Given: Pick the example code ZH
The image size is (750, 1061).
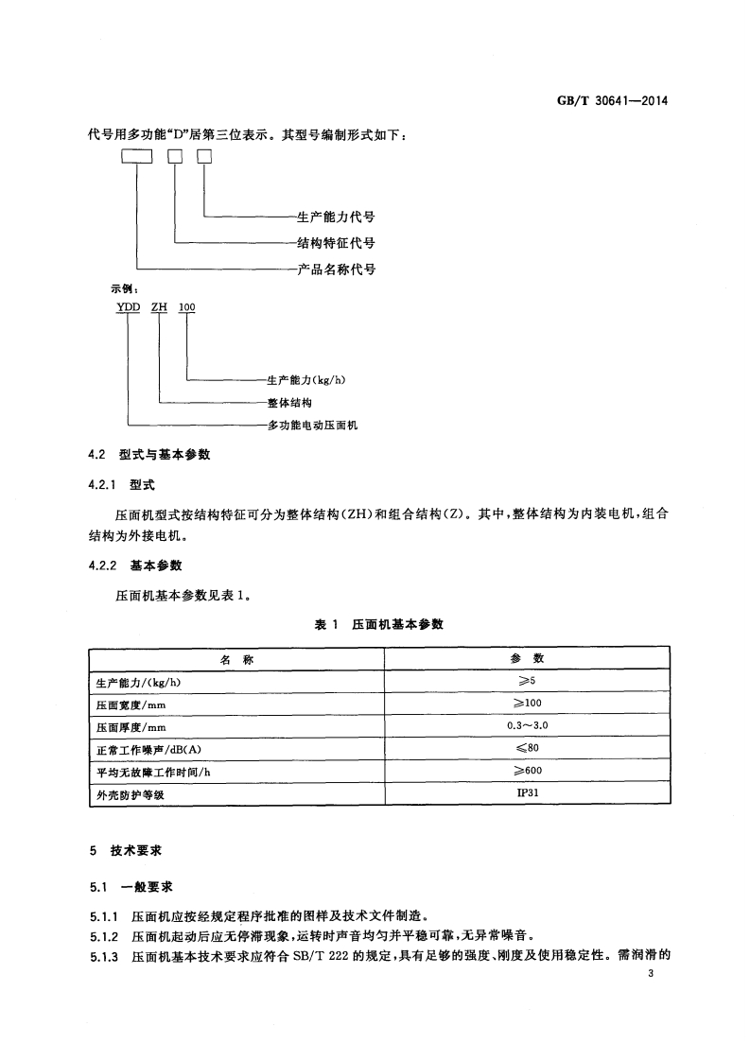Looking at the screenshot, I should coord(159,308).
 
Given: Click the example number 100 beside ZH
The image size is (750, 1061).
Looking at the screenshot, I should coord(187,308).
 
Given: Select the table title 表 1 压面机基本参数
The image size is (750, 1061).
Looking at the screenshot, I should coord(378,625).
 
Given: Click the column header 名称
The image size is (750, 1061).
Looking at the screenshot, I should coord(236,659).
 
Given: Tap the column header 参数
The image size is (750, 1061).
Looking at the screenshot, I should coord(527,659).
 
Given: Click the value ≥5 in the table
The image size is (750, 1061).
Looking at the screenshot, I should coord(527,681).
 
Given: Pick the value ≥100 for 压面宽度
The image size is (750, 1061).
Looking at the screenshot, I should coord(527,704).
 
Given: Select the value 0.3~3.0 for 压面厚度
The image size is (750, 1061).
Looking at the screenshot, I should coord(527,726).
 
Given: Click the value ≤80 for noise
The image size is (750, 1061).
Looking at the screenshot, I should coord(527,749).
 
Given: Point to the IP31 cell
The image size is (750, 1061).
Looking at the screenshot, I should coord(527,794).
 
